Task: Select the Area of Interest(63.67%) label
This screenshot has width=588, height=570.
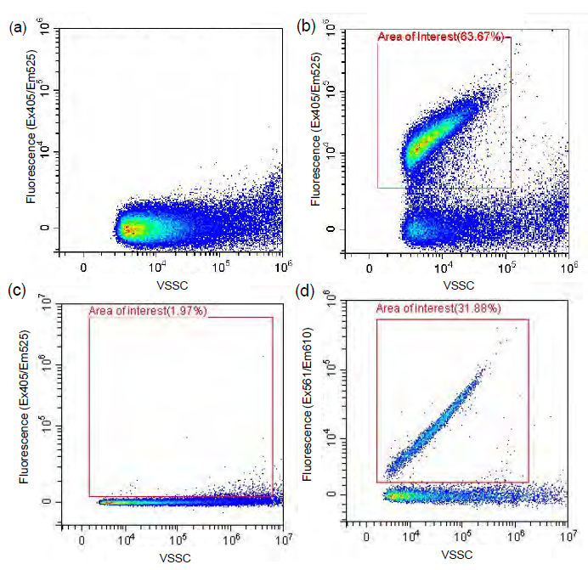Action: tap(441, 37)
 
